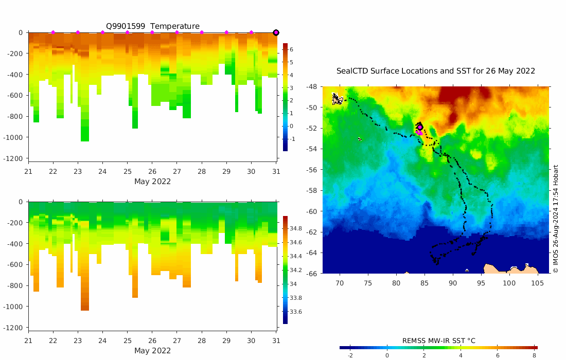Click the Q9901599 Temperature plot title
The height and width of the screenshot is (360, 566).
tap(152, 26)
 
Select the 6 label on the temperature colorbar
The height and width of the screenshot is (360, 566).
tap(291, 49)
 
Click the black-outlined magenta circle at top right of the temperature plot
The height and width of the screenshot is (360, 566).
tap(276, 32)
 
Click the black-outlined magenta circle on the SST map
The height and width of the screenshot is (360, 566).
tap(420, 127)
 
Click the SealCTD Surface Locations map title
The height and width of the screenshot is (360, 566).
tap(435, 71)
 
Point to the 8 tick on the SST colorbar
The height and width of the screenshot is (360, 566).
tap(535, 355)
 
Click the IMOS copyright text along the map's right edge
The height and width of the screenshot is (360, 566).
tap(556, 219)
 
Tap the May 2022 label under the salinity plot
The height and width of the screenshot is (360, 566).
tap(152, 351)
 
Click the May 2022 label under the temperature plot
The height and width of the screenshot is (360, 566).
tap(152, 182)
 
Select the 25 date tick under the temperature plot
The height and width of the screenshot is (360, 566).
tap(127, 171)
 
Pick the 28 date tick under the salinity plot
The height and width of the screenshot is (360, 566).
tap(202, 340)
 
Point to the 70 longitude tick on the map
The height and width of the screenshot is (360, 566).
tap(340, 283)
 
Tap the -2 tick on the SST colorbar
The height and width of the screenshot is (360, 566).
tap(350, 355)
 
